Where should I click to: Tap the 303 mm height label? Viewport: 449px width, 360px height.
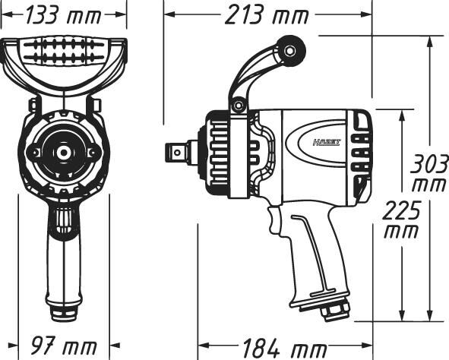428,172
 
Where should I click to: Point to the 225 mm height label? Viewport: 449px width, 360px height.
400,219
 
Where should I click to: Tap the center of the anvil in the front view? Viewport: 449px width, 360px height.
62,152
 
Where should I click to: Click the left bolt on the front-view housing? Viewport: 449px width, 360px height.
33,153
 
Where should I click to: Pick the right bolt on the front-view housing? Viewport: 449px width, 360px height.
93,153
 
